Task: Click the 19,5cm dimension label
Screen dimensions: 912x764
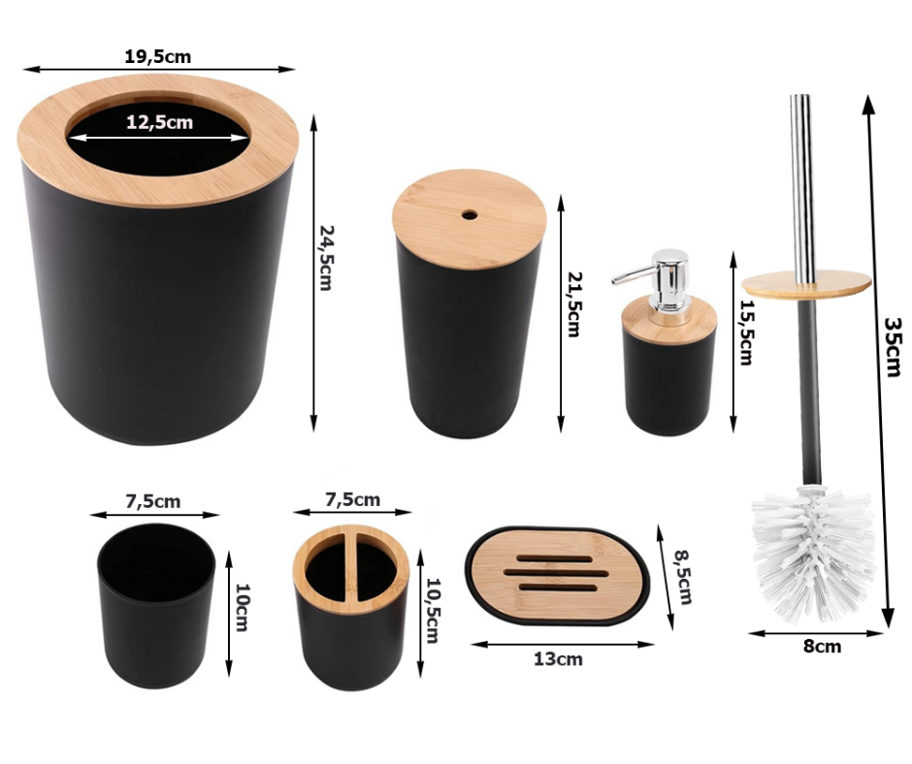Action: (157, 56)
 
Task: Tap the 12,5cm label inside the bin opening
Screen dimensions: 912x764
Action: (159, 122)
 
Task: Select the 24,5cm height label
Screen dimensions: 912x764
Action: (326, 258)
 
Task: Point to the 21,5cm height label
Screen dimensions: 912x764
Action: (573, 304)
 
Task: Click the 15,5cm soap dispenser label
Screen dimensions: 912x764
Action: (746, 332)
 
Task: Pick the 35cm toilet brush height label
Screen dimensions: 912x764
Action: (894, 347)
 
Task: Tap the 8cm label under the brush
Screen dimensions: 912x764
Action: (822, 647)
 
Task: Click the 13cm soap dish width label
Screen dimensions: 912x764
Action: (558, 659)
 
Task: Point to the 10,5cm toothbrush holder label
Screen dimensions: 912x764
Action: (433, 611)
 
